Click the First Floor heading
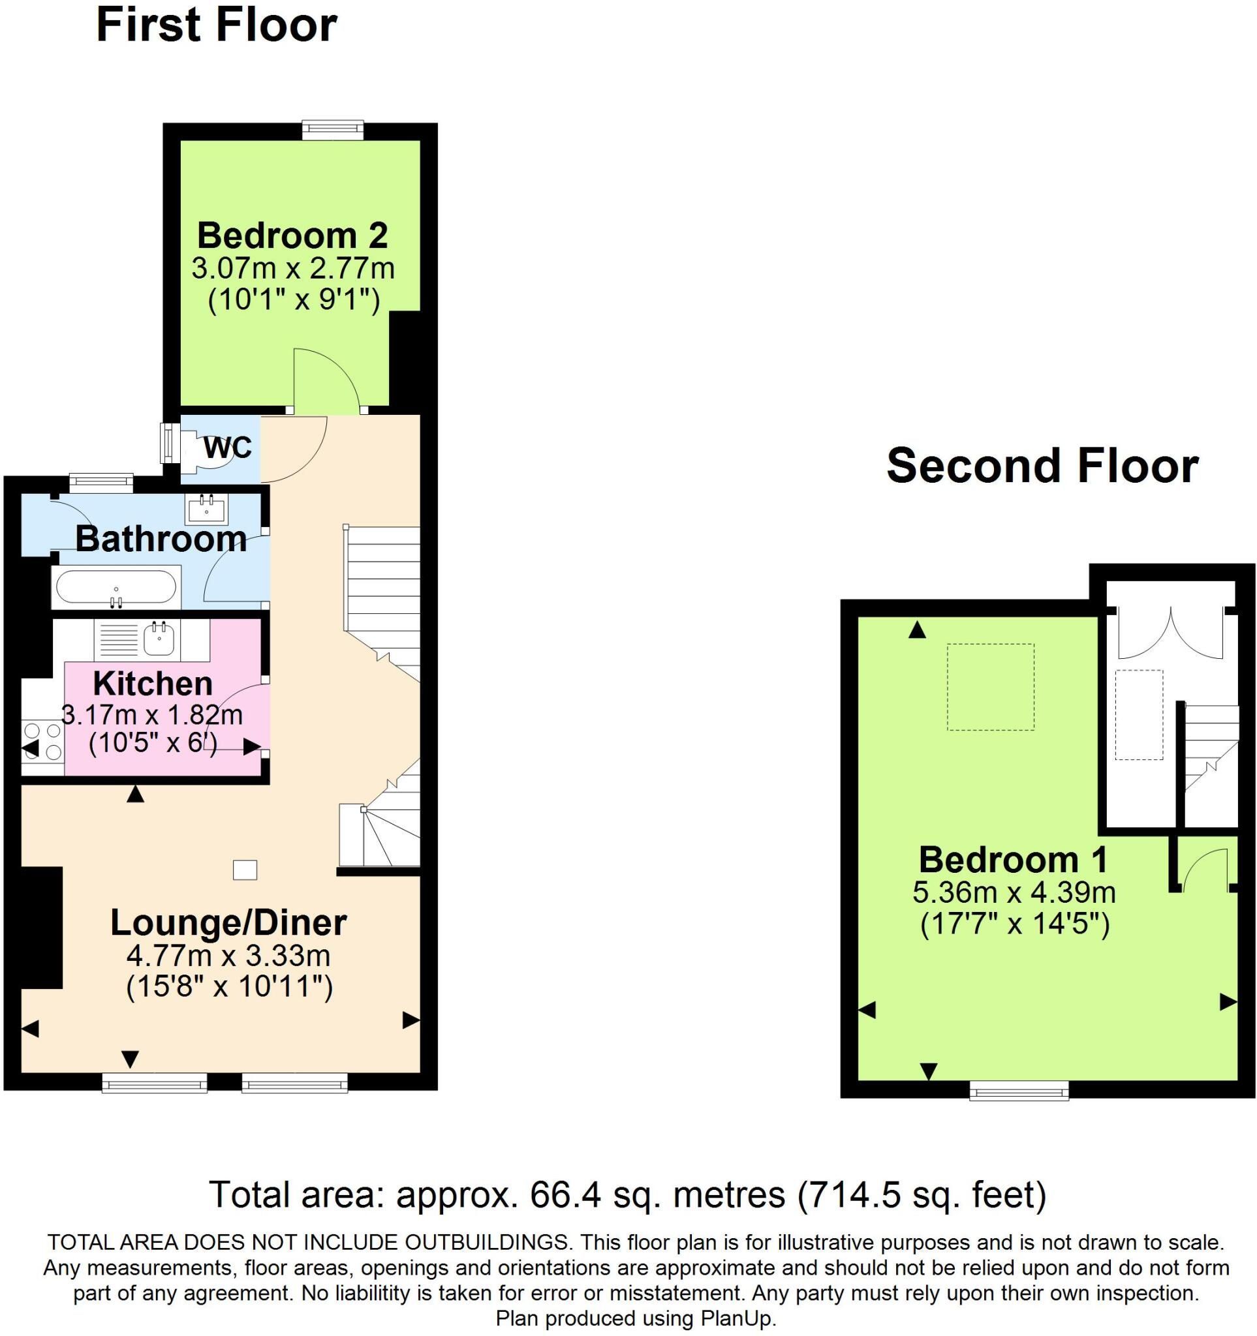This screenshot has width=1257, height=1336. tap(217, 25)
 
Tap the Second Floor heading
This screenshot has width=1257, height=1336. tap(1042, 466)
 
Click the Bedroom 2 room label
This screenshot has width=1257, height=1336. tap(292, 235)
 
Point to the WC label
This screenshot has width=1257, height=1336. tap(227, 447)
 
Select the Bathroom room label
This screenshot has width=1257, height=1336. tap(161, 539)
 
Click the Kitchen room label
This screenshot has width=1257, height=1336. tap(153, 684)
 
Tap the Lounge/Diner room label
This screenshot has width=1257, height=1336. tap(228, 922)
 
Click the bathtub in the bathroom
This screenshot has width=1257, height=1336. tap(116, 587)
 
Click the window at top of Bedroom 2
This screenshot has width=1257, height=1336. tap(333, 130)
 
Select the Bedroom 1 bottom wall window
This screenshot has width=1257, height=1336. tap(1019, 1091)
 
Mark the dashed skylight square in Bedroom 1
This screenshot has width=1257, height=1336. tap(991, 687)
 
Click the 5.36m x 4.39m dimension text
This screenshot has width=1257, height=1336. tap(1014, 892)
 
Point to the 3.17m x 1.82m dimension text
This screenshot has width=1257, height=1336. tap(152, 714)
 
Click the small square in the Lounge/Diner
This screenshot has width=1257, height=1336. tap(245, 870)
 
